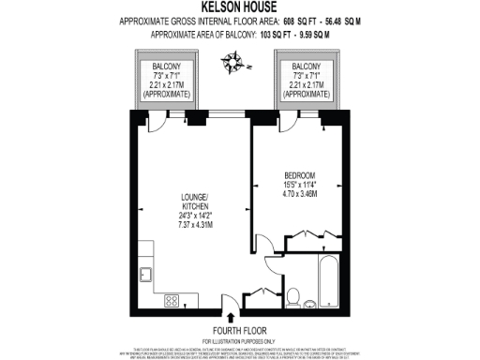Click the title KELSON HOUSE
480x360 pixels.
(x=239, y=7)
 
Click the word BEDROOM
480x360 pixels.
(x=301, y=175)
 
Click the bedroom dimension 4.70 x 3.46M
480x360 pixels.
(x=301, y=194)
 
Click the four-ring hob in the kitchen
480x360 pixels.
(x=172, y=302)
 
